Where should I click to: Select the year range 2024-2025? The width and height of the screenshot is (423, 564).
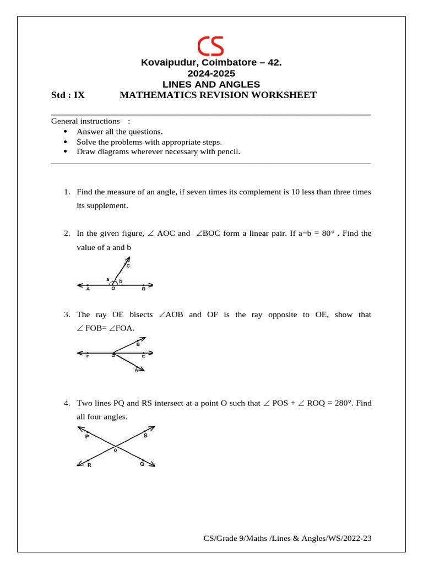[211, 73]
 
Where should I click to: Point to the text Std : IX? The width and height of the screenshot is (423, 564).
[68, 95]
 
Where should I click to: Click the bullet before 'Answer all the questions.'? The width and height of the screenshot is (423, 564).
[67, 132]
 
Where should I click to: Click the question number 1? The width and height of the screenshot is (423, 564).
[66, 192]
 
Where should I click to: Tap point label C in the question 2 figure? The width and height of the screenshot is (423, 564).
[128, 265]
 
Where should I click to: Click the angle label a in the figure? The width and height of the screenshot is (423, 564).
[108, 279]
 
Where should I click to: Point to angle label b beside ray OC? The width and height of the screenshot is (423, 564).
[120, 281]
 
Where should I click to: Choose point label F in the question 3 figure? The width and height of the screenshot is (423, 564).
[87, 357]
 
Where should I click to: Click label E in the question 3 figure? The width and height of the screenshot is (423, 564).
[143, 357]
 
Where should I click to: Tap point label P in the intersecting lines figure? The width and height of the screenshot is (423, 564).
[87, 437]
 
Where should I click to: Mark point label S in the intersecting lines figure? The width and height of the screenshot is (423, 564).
[145, 436]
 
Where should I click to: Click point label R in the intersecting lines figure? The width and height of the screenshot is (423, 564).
[89, 465]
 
